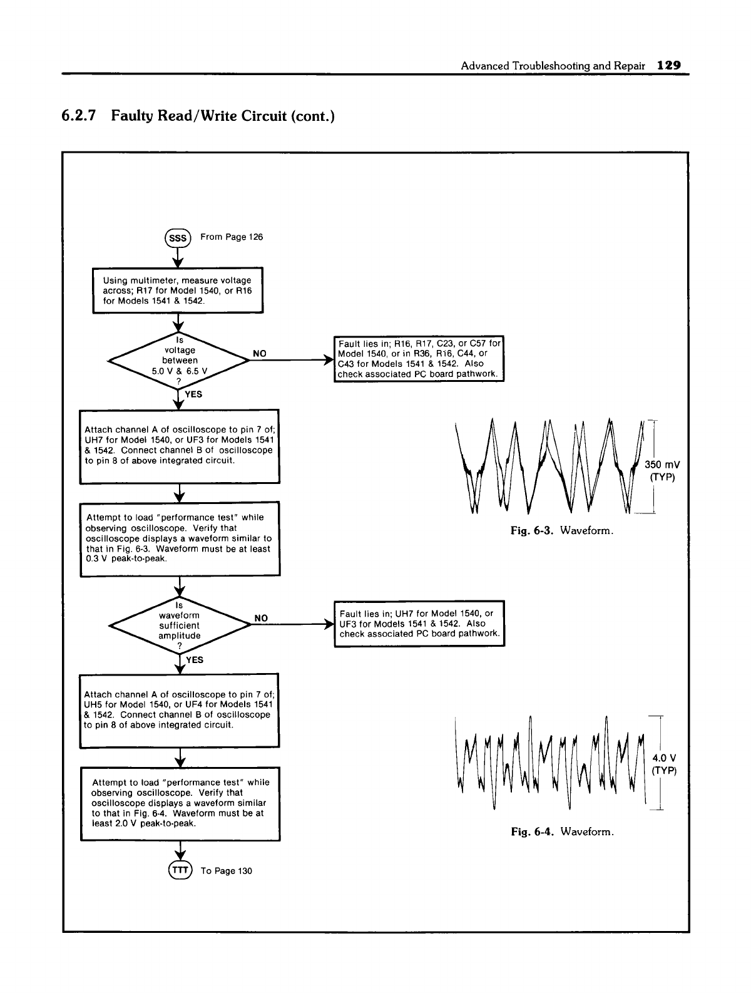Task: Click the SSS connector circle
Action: click(x=178, y=238)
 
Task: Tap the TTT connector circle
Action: click(x=180, y=870)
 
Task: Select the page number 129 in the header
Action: click(x=668, y=65)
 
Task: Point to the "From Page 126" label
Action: click(x=232, y=237)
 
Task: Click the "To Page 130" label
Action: click(x=226, y=871)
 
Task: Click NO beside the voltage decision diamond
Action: click(x=259, y=354)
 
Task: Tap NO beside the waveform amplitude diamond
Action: click(x=260, y=618)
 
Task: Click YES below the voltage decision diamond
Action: click(x=193, y=394)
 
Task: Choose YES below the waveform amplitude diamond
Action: click(x=195, y=659)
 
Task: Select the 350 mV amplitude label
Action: click(x=662, y=465)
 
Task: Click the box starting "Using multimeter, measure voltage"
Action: click(x=178, y=290)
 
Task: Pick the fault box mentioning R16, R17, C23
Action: click(x=419, y=359)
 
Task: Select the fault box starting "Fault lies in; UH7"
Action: click(x=419, y=624)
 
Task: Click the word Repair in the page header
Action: click(x=635, y=65)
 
